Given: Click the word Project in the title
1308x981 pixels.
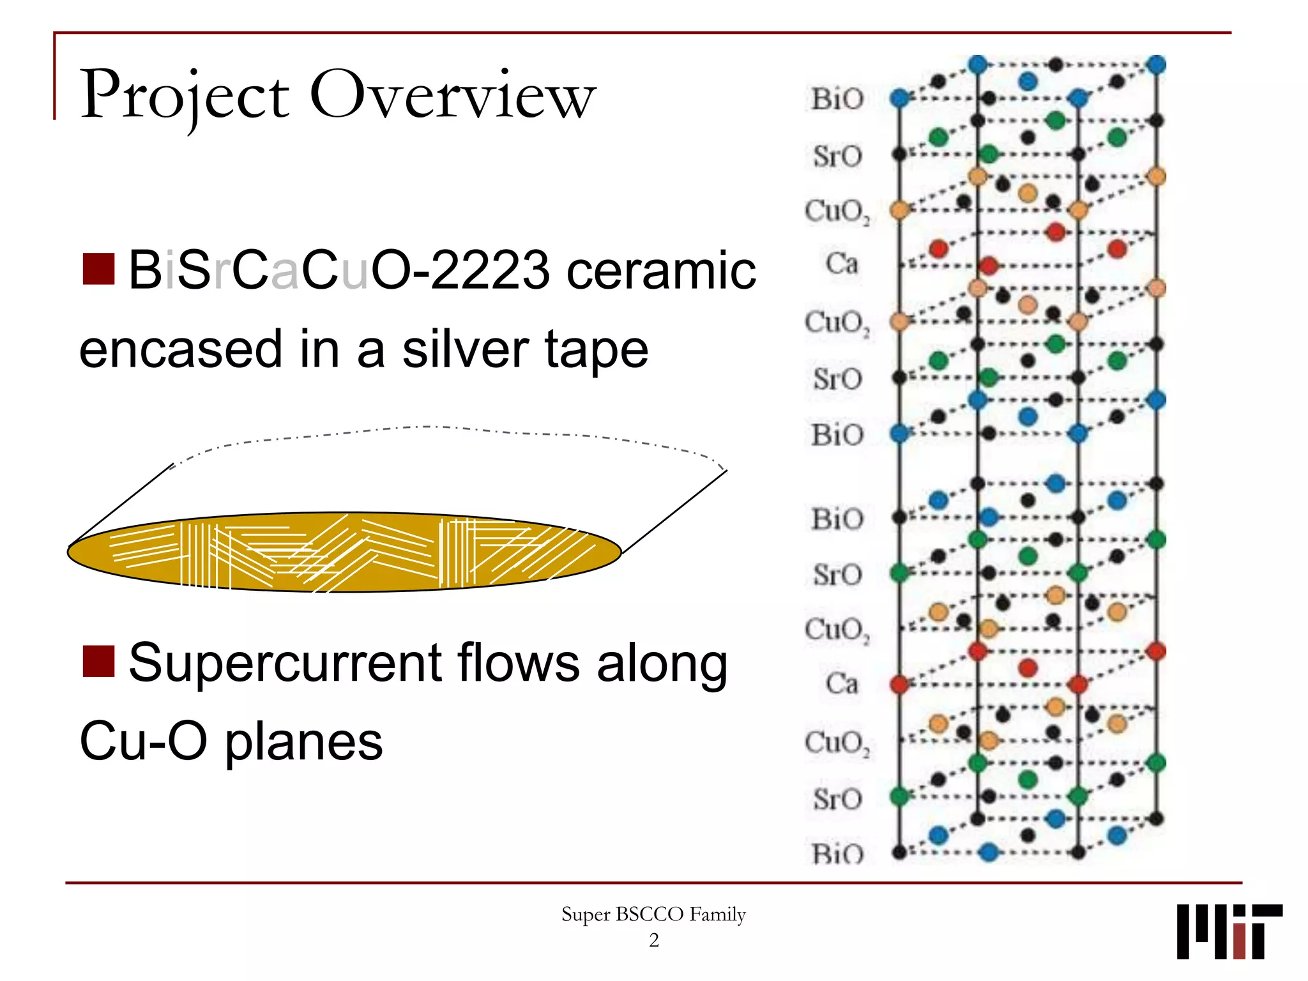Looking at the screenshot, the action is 185,96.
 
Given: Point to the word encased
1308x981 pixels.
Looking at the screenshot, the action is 181,349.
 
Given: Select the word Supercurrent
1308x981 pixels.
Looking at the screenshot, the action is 285,663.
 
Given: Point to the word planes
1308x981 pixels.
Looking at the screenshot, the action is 304,742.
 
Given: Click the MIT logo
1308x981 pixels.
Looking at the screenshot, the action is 1229,931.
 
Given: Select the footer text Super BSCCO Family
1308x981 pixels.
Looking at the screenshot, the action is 653,915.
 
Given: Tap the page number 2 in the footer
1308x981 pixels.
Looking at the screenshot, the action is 653,940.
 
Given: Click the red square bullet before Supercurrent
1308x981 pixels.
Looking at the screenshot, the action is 99,660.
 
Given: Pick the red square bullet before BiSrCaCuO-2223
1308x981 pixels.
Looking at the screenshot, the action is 99,269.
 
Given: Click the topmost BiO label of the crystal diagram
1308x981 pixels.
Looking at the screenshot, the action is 837,99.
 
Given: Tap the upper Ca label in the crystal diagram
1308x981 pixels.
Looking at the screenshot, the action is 841,263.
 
